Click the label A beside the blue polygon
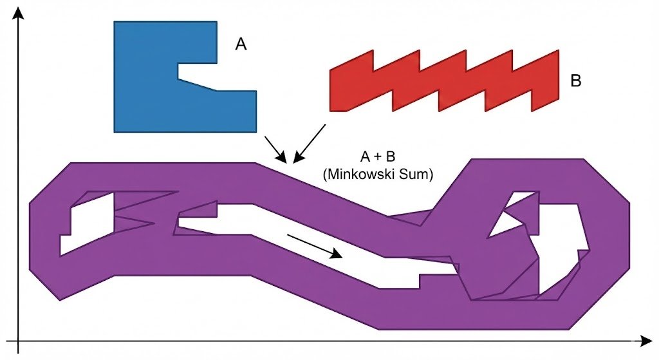(x=241, y=44)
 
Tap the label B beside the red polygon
(x=576, y=81)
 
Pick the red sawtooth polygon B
(x=444, y=84)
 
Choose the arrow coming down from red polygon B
(x=308, y=143)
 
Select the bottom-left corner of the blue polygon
(x=115, y=132)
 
